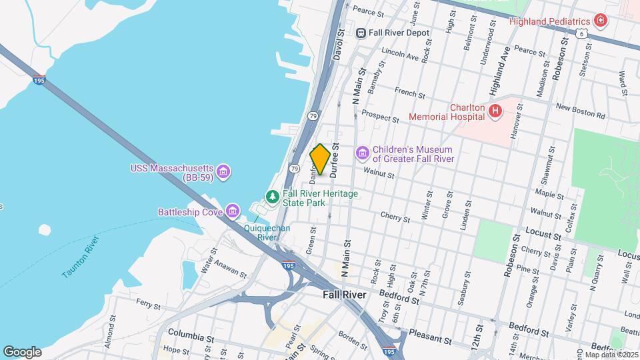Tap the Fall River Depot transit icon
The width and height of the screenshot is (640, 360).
point(361,33)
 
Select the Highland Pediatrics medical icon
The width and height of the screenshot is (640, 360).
point(601,21)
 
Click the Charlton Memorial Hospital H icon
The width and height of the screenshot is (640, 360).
point(495,111)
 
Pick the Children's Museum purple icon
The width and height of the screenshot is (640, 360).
point(362,154)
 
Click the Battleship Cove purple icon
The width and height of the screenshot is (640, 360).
point(232,212)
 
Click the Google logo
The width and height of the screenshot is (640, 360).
point(22,351)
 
